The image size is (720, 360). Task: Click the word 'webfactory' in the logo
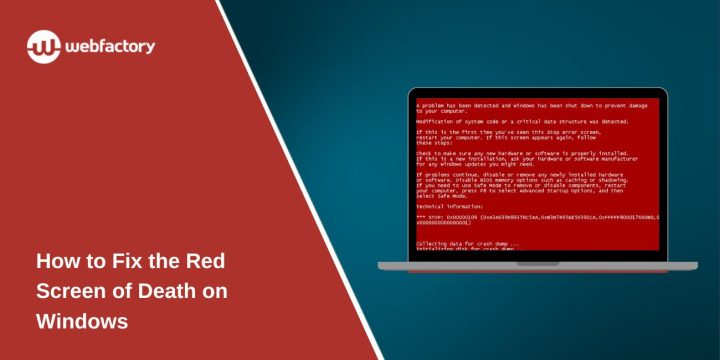111,46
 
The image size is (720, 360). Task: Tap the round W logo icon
45,47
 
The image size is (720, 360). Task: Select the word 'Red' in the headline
204,262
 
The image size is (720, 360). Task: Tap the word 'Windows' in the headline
82,322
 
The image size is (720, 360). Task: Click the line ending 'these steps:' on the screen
432,142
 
